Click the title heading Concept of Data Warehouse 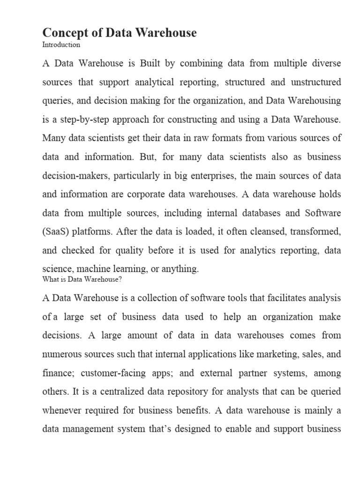coord(120,32)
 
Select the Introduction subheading coord(61,45)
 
